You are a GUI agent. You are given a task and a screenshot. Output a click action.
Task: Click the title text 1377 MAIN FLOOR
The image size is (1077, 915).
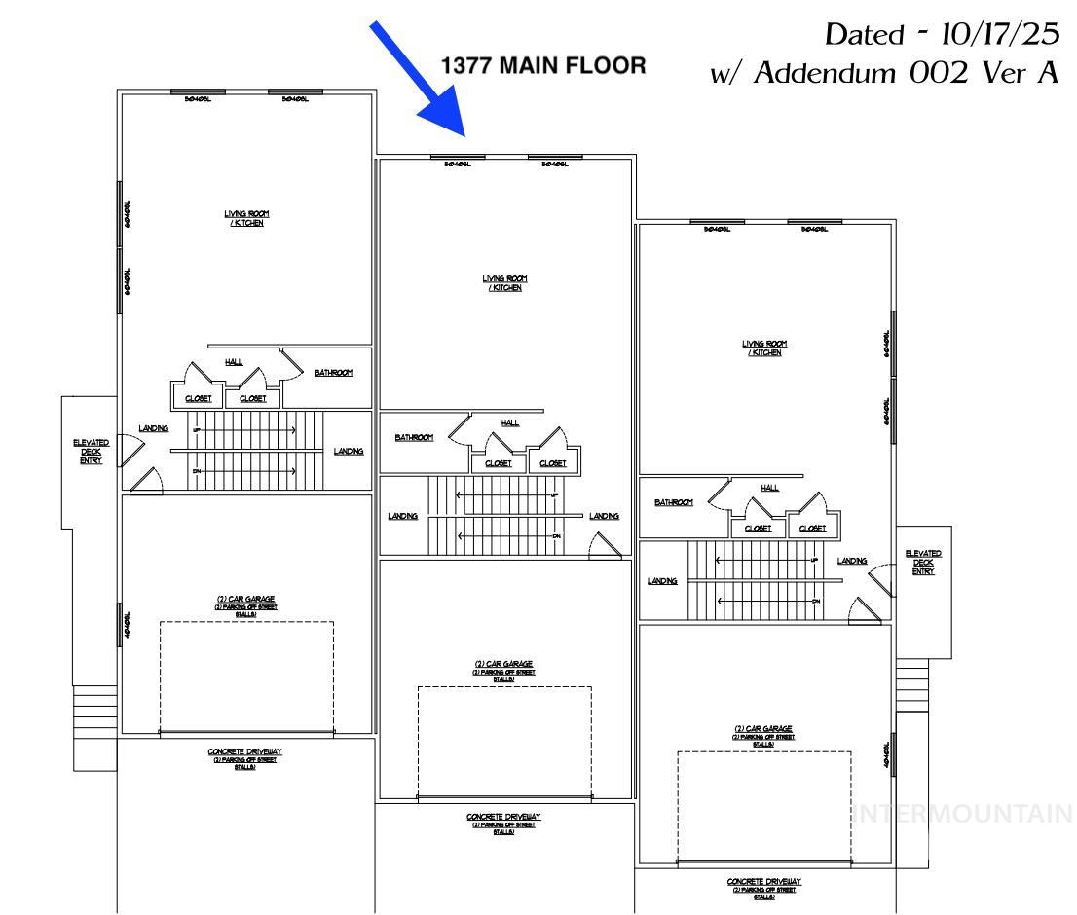point(543,66)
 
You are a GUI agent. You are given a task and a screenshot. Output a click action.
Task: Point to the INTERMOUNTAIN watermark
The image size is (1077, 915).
point(962,814)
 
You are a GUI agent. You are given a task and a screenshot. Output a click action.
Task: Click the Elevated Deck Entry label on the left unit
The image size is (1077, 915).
point(91,452)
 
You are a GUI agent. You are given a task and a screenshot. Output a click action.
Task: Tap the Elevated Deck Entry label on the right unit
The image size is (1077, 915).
point(922,563)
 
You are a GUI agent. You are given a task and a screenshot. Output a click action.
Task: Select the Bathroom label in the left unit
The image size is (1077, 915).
point(333,373)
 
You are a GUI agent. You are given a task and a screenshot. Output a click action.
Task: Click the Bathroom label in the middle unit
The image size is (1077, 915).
point(414,438)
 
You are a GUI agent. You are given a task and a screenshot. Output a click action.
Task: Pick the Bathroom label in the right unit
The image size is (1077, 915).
point(674,502)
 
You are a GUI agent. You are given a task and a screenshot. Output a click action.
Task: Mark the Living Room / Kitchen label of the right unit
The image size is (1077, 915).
point(764,348)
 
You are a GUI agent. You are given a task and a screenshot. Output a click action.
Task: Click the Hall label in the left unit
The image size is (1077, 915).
point(234,361)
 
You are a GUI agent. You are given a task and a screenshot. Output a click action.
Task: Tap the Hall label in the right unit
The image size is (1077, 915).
point(769,488)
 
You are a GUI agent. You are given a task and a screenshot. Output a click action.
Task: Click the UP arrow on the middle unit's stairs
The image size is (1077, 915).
point(506,495)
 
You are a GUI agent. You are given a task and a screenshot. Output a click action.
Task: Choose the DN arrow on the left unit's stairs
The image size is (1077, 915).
point(243,471)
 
